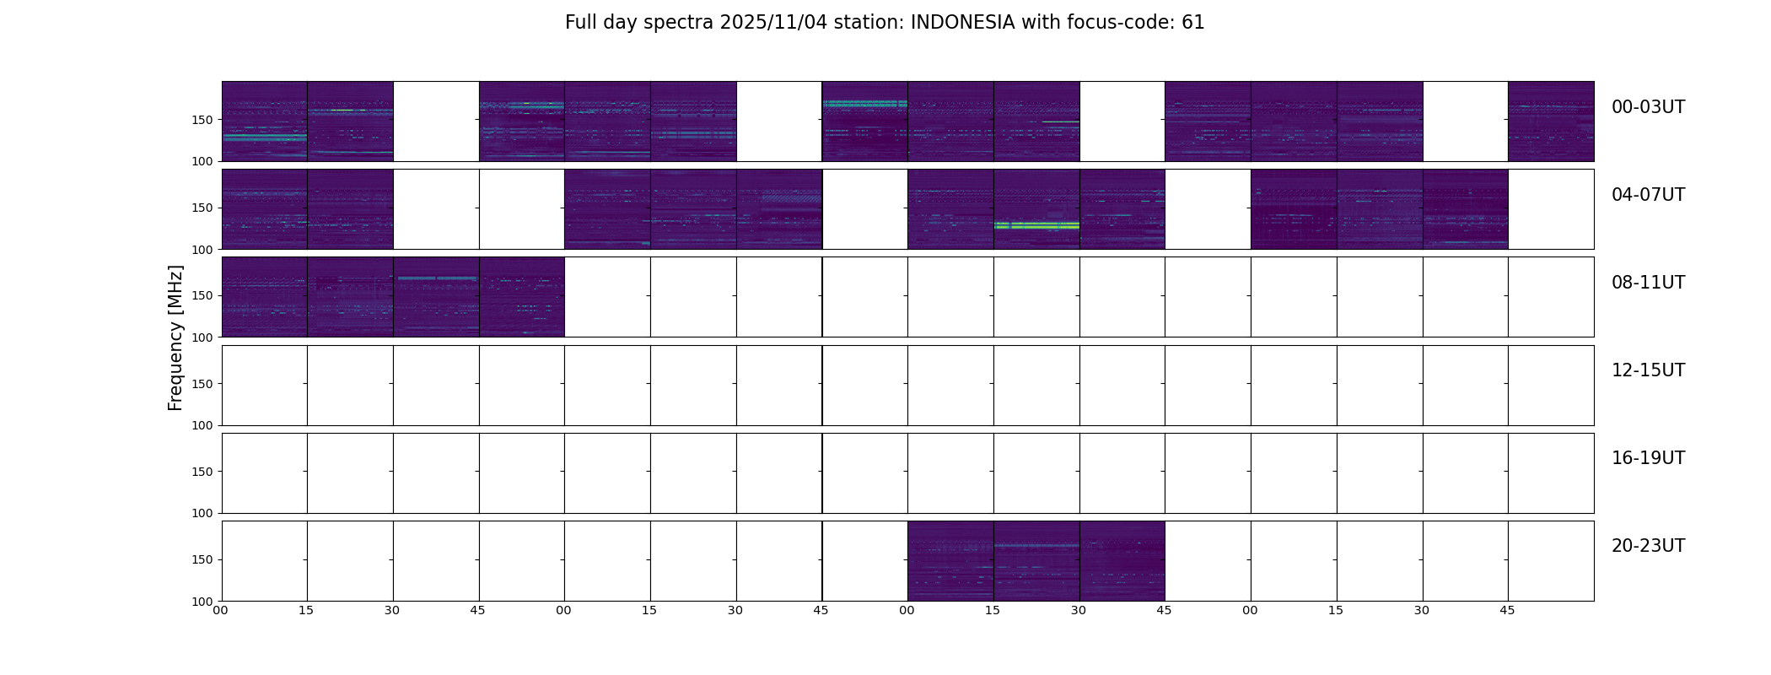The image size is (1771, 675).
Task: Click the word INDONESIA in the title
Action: coord(962,23)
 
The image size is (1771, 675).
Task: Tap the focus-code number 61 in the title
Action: coord(1192,23)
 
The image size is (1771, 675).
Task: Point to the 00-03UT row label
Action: coord(1648,107)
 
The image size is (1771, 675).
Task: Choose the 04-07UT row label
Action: coord(1648,195)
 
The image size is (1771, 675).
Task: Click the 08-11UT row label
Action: coord(1648,283)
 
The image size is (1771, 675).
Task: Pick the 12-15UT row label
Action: coord(1648,370)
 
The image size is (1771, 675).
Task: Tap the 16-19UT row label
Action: coord(1648,458)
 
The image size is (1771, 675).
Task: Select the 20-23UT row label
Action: coord(1648,546)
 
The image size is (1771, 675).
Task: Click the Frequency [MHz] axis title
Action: coord(175,337)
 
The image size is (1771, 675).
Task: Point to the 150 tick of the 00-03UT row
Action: coord(202,120)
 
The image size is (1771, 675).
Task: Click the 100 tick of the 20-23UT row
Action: coord(202,601)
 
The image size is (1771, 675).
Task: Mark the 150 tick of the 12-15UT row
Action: coord(202,384)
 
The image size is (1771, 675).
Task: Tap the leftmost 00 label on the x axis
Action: coord(220,611)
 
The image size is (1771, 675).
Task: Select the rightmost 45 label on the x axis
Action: coord(1507,611)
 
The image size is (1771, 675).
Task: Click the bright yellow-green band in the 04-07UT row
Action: coord(1036,226)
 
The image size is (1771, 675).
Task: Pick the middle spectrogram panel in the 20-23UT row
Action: coord(1036,561)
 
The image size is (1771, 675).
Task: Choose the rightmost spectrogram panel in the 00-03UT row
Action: coord(1551,121)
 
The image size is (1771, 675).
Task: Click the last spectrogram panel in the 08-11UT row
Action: coord(521,297)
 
